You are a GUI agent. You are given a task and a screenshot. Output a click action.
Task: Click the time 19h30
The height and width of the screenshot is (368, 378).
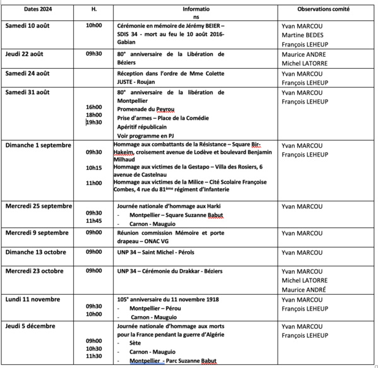94,122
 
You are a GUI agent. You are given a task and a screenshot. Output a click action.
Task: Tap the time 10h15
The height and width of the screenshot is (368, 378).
93,168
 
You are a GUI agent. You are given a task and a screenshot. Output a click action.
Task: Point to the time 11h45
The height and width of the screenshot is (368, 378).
93,221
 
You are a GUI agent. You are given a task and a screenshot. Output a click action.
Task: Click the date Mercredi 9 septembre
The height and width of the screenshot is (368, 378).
38,233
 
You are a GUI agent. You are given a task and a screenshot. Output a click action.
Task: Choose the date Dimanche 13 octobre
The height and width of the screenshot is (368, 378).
37,251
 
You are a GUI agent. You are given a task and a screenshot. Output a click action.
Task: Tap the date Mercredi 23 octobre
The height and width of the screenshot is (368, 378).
37,271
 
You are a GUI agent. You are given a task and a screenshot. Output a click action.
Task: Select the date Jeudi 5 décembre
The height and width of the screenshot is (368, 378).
30,326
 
